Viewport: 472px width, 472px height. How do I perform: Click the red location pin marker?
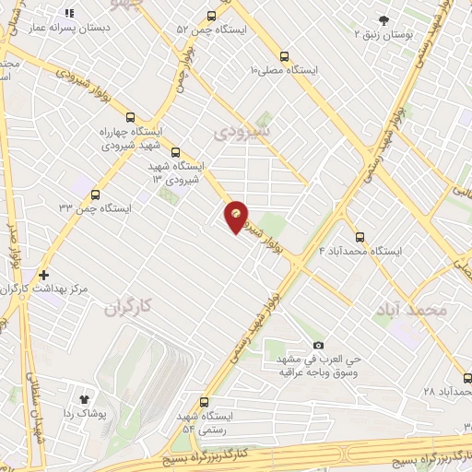point(238,217)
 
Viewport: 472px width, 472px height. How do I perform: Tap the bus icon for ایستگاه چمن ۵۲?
point(212,16)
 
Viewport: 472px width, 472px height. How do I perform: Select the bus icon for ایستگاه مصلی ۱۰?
point(284,54)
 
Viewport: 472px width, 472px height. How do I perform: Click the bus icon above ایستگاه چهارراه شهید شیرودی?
point(130,117)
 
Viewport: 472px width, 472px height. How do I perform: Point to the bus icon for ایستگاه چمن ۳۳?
point(96,194)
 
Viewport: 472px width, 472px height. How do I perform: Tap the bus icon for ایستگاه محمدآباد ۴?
point(360,236)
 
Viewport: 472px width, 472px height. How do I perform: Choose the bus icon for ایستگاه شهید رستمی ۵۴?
point(204,402)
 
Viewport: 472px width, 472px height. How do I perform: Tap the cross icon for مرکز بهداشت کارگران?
point(44,275)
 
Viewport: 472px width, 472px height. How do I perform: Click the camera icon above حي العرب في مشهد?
point(319,343)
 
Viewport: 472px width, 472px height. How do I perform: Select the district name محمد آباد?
point(412,311)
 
